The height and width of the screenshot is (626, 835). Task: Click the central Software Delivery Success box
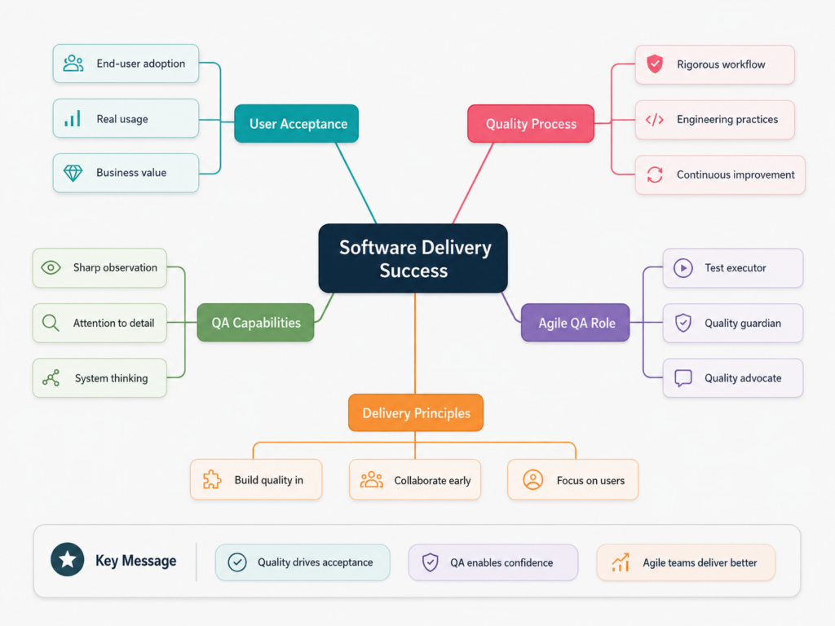click(x=413, y=258)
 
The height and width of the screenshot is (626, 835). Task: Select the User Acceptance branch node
click(x=296, y=124)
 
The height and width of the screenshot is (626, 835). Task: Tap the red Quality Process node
click(x=530, y=124)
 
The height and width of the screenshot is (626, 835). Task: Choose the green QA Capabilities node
click(x=255, y=323)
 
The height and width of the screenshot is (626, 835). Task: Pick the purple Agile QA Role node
click(x=575, y=323)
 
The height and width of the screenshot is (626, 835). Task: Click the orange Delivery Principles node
click(x=416, y=412)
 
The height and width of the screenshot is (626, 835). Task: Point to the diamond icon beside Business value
click(x=73, y=173)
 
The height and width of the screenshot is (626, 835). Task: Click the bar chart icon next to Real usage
click(x=73, y=118)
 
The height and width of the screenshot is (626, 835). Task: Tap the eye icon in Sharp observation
click(x=51, y=267)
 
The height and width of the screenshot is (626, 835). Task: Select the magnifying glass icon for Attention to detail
click(x=51, y=323)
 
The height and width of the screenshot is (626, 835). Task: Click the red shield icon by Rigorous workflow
click(x=655, y=64)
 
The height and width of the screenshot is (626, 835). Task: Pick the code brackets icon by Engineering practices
click(x=655, y=119)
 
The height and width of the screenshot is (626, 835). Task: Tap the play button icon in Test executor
click(x=683, y=267)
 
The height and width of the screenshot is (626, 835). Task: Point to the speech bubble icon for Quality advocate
click(x=683, y=378)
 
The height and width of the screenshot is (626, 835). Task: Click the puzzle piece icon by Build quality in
click(x=212, y=479)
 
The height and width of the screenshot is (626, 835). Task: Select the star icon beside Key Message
click(x=67, y=559)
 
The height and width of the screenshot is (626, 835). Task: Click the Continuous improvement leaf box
click(x=720, y=174)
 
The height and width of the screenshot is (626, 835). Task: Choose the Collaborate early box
click(x=415, y=479)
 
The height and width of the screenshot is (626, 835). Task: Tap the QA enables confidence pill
click(x=493, y=562)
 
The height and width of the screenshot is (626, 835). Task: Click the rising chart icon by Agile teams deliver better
click(x=621, y=562)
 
